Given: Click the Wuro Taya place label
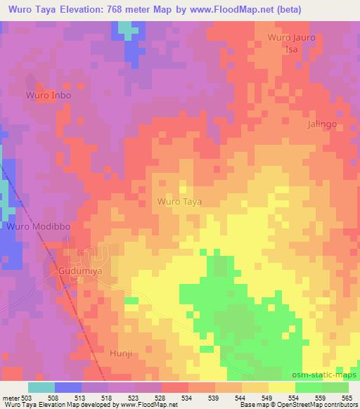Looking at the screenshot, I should pyautogui.click(x=179, y=202).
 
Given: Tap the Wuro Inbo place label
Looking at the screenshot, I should pyautogui.click(x=49, y=94).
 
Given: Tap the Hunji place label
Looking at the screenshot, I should pyautogui.click(x=121, y=356).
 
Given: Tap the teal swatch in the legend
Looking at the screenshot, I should pyautogui.click(x=41, y=387).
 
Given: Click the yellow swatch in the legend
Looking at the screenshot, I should pyautogui.click(x=281, y=387).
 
